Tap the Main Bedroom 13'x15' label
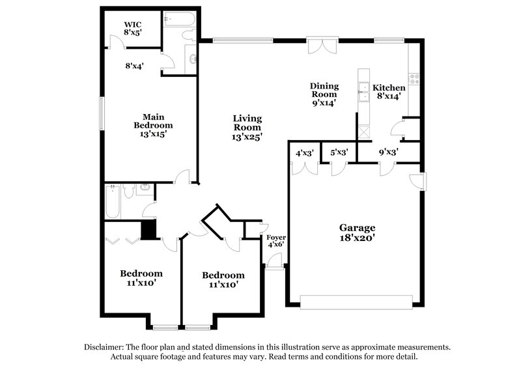153,125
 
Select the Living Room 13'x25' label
247,128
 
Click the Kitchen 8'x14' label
389,91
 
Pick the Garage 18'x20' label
357,232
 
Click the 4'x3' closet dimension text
305,153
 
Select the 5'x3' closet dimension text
339,153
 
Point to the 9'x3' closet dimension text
389,153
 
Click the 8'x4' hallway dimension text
134,65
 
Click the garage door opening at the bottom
356,301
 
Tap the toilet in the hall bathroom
128,191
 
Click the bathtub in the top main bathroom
178,20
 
